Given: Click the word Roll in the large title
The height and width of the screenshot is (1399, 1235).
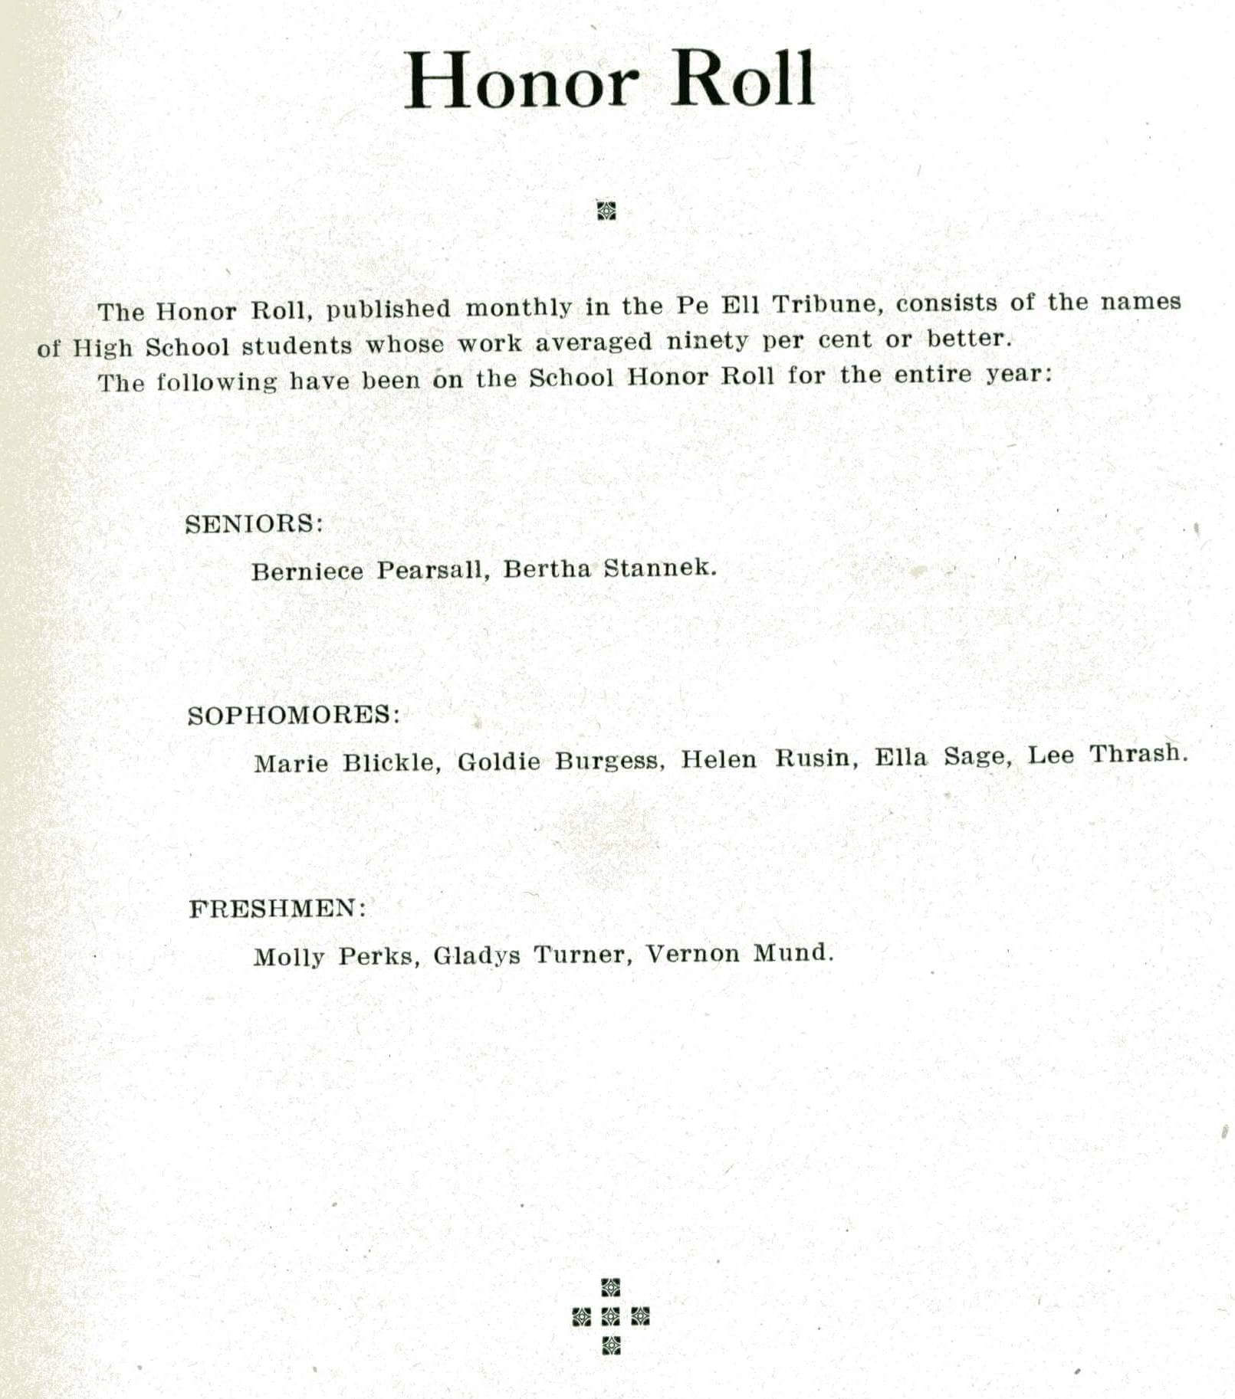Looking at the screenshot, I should (x=742, y=80).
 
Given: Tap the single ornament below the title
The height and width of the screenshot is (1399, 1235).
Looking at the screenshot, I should (x=606, y=210).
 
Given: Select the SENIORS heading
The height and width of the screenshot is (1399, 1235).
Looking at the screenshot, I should (x=254, y=524).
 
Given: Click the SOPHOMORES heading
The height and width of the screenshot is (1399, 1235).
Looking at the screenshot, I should (x=294, y=716).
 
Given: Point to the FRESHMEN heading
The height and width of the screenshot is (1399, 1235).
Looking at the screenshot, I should (x=278, y=909).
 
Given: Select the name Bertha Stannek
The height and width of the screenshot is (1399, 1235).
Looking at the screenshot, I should (x=609, y=568).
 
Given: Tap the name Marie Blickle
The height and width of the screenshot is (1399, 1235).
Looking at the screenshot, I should (x=347, y=763).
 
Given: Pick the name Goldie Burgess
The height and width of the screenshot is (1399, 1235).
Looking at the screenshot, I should (x=560, y=761).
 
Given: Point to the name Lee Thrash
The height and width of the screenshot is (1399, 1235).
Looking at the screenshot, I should (x=1107, y=755).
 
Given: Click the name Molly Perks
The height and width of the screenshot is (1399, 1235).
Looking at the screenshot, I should (x=336, y=957).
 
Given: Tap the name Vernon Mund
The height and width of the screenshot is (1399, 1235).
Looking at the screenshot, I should (x=739, y=954).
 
